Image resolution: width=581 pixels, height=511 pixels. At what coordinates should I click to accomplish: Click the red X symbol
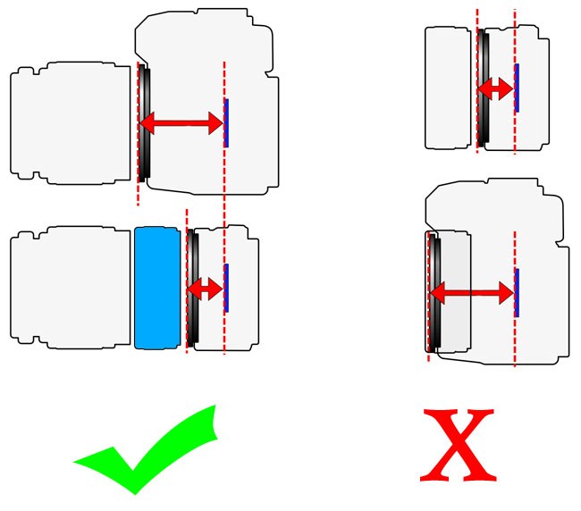(459, 445)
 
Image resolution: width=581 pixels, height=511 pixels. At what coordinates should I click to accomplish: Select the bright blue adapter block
(157, 288)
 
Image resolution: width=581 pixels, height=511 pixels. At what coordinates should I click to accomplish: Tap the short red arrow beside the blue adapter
(205, 289)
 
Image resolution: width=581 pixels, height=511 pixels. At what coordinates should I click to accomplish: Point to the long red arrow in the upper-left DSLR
(181, 123)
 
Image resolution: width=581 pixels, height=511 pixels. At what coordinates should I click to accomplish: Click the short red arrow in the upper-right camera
(495, 88)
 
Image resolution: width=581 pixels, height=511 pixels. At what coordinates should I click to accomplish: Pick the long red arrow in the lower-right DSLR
(472, 293)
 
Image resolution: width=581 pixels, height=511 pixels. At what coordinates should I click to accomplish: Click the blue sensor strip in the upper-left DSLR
(226, 123)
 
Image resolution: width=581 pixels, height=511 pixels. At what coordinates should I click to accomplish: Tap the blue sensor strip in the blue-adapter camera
(226, 288)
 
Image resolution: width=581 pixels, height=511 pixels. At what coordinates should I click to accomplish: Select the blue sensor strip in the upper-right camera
(517, 88)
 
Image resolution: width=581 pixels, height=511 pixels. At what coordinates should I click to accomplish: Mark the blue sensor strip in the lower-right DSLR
(517, 292)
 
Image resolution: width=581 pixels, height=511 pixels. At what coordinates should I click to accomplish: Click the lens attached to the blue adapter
(71, 288)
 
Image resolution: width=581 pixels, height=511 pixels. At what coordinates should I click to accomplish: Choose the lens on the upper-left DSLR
(71, 123)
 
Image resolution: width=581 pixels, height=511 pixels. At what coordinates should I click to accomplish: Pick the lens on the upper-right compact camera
(448, 88)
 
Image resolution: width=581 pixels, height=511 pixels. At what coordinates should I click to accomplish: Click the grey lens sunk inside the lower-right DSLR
(455, 292)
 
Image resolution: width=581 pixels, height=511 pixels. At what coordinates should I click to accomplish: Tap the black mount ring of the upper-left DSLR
(145, 123)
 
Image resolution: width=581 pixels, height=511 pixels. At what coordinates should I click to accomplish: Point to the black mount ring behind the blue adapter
(193, 288)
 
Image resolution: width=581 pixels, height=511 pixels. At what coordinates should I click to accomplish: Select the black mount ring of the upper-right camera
(484, 88)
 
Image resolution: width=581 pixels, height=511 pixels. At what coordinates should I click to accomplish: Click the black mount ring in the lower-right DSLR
(434, 292)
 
